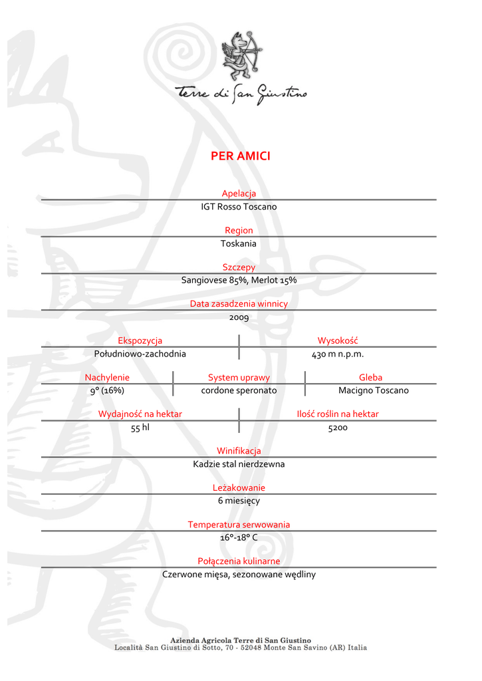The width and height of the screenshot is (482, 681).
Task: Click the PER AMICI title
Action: pos(240,156)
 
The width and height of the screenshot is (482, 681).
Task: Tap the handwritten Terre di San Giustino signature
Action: pos(241,95)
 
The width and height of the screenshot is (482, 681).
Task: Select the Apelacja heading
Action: pos(239,194)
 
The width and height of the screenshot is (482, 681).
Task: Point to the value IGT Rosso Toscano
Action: pos(239,207)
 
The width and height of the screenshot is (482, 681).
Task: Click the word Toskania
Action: pos(239,243)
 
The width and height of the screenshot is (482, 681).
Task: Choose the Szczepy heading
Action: pos(239,267)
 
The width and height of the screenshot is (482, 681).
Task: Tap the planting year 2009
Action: pos(239,317)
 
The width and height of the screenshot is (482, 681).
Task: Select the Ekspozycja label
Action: pos(140,341)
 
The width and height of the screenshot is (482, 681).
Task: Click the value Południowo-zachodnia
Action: pos(140,354)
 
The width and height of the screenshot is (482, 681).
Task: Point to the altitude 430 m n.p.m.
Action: pos(338,354)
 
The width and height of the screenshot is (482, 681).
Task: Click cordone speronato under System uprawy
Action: pos(239,390)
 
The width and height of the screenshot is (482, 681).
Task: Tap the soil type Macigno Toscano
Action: pos(373,390)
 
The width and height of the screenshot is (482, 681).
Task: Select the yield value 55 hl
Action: pos(140,428)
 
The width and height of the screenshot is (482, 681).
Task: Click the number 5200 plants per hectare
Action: pos(338,428)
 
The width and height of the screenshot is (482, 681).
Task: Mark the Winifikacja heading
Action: pos(239,451)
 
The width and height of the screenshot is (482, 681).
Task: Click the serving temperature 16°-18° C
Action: pos(239,537)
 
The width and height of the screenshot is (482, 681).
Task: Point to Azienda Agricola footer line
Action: pos(241,640)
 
